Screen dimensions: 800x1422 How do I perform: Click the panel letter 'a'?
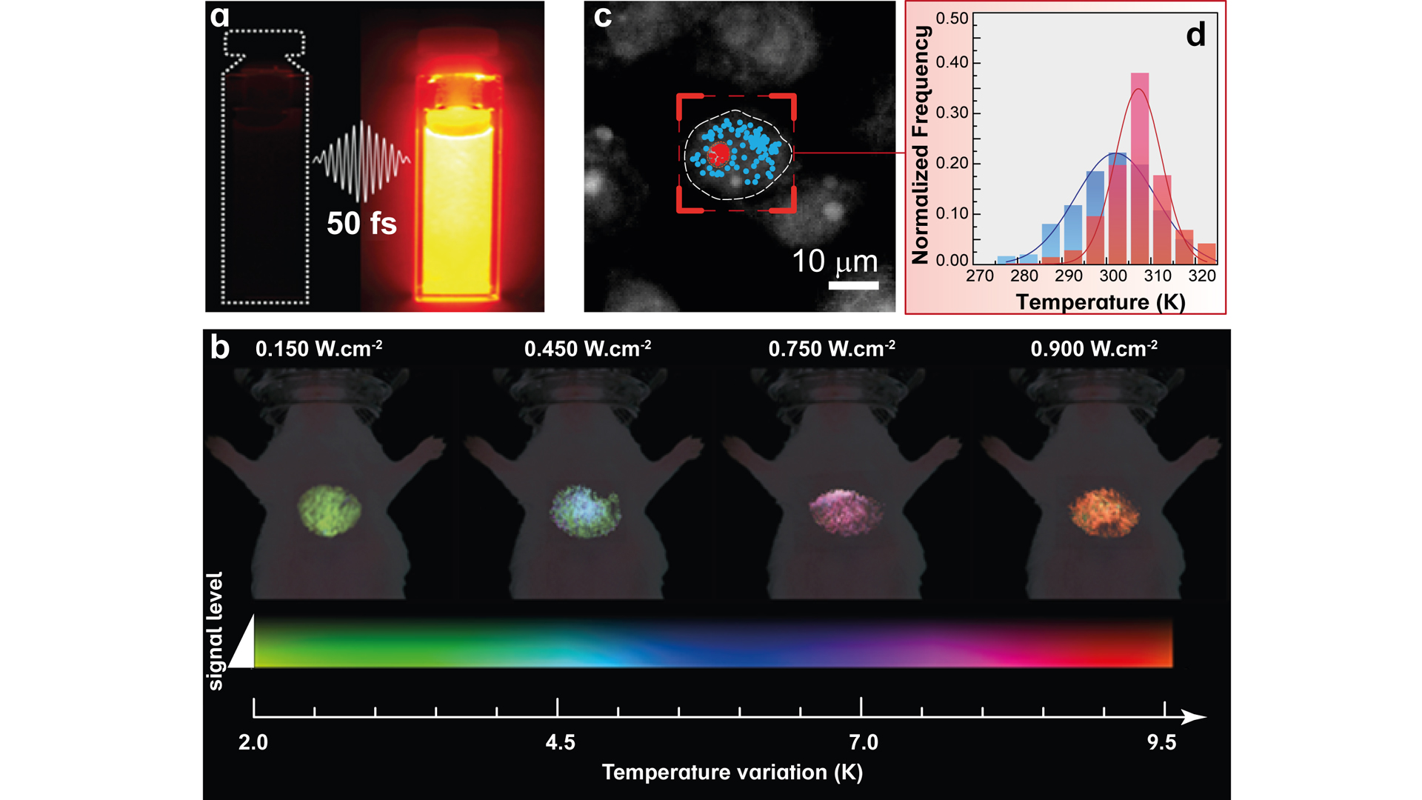[220, 17]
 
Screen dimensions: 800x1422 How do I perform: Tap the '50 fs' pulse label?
[361, 223]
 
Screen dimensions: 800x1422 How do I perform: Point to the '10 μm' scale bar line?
[853, 285]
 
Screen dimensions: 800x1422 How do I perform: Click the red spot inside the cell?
[718, 154]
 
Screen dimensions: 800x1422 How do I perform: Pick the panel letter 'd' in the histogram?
[1195, 36]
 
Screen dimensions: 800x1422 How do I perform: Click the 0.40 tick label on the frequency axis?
[952, 62]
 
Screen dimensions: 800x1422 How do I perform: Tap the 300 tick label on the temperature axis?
[1113, 276]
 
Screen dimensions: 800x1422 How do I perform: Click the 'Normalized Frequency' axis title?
[921, 144]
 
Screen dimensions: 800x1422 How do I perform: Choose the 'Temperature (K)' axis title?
[1101, 302]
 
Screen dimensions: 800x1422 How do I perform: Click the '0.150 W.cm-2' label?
[318, 348]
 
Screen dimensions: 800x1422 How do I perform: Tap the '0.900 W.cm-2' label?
[1094, 348]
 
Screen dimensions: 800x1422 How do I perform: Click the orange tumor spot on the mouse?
[1104, 512]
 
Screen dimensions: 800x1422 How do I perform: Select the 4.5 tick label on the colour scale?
[560, 742]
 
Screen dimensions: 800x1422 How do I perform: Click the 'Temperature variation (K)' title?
[732, 773]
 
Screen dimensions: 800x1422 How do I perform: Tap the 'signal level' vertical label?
[215, 630]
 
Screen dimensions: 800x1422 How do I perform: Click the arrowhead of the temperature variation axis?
[1194, 717]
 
